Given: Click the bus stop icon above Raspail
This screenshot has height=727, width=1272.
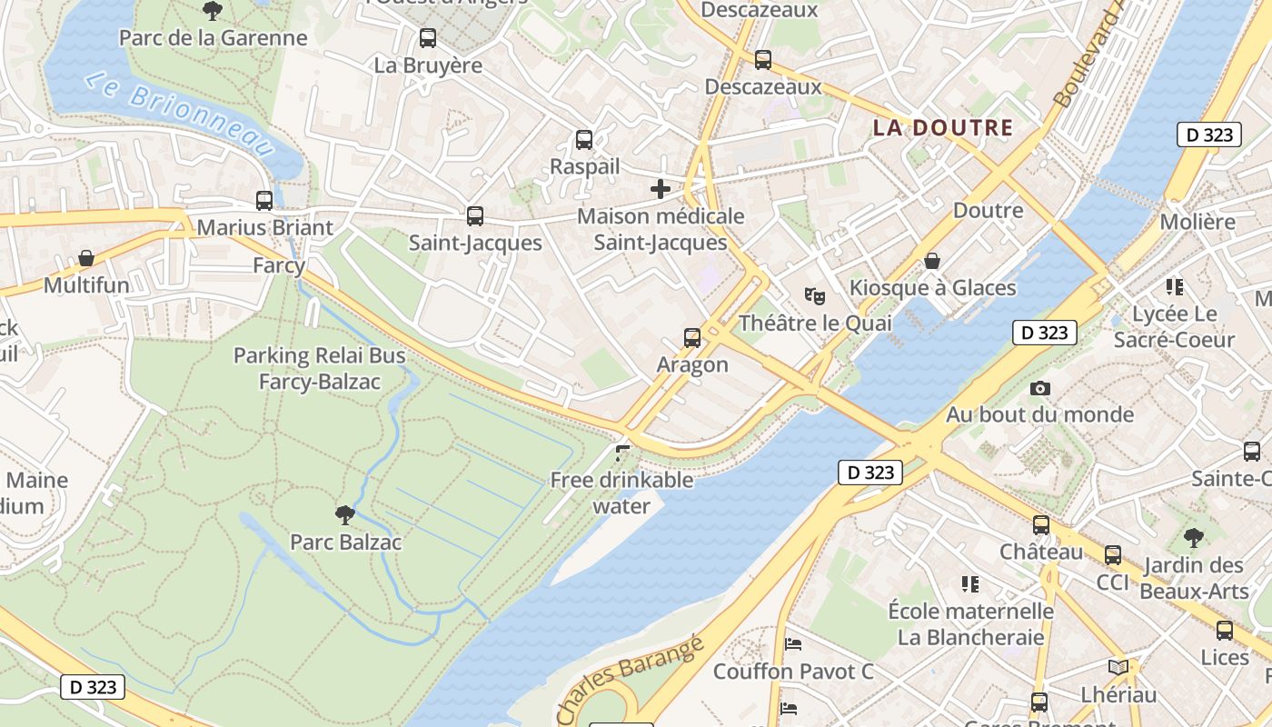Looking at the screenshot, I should point(584,140).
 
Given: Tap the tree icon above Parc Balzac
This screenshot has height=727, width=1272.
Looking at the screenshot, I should point(345,515).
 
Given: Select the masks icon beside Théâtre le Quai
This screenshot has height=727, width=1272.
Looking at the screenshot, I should point(815,295).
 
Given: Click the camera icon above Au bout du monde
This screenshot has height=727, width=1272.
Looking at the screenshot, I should point(1040,388).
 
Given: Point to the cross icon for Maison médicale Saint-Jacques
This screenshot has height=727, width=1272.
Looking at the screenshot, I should point(661,189).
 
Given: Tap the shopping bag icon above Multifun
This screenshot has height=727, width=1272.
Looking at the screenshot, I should point(86,259).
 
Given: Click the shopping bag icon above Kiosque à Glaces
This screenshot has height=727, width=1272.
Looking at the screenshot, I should point(932,261).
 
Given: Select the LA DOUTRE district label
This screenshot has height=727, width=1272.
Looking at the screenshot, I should point(942,128).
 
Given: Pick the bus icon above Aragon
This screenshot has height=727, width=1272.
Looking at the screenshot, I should point(692,338).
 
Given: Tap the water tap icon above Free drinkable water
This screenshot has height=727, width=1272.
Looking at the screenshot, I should point(622,453).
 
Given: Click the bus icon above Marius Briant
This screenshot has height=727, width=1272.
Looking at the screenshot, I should point(264,201).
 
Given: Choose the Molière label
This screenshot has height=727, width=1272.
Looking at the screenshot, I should point(1197,222).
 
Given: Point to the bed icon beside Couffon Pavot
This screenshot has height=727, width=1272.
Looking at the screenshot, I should point(793,644).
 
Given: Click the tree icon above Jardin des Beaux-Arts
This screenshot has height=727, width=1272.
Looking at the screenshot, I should point(1194,538).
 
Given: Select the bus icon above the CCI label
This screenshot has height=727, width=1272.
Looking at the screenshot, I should point(1113,555).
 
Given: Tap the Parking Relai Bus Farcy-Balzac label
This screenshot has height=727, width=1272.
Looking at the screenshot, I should point(320,368).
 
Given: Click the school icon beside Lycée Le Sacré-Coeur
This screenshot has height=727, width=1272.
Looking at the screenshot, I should point(1175,287).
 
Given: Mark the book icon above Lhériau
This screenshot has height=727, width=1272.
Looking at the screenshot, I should point(1118,668).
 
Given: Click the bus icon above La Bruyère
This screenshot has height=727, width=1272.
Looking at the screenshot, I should point(428,38).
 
